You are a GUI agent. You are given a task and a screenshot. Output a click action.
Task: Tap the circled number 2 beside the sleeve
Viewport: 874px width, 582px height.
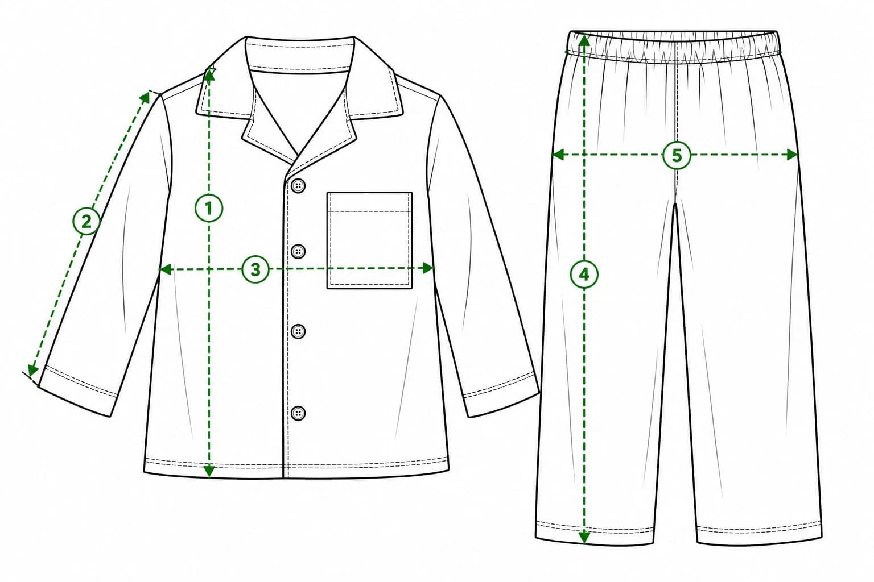pos(86,221)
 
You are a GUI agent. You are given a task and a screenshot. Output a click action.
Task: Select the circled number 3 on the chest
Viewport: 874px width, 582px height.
pos(255,269)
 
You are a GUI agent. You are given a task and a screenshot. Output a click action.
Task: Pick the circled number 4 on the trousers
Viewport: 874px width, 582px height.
pos(584,275)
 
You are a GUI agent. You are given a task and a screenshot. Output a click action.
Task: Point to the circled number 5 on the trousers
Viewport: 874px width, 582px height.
pos(677,156)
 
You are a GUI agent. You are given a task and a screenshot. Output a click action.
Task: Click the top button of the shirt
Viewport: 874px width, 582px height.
pos(298,185)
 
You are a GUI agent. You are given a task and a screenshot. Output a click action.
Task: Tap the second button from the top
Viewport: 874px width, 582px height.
pos(298,251)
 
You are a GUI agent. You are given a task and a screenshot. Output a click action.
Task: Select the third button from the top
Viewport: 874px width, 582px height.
pos(298,331)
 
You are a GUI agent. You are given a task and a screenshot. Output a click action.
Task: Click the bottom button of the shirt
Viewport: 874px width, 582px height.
pos(298,413)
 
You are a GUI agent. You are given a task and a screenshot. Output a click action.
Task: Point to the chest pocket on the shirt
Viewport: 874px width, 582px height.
pos(369,240)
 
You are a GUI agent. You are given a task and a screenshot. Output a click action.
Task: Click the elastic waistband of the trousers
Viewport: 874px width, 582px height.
pos(674,47)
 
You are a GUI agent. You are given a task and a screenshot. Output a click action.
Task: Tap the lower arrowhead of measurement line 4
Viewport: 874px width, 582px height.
pos(584,537)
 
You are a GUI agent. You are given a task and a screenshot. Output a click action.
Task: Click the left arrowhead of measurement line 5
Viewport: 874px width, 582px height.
pos(558,155)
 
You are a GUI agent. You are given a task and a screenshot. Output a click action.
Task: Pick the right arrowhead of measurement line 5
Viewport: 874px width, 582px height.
pos(793,155)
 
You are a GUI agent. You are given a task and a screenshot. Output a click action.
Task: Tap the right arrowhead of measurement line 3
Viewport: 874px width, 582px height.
pos(429,268)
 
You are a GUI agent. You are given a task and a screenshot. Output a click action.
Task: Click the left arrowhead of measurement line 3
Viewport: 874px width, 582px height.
pos(165,269)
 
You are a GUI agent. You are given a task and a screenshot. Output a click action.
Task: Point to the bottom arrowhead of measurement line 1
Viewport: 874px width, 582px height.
pos(209,471)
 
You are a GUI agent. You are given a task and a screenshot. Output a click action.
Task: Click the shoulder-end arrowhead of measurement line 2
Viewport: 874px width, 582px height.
pos(145,97)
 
